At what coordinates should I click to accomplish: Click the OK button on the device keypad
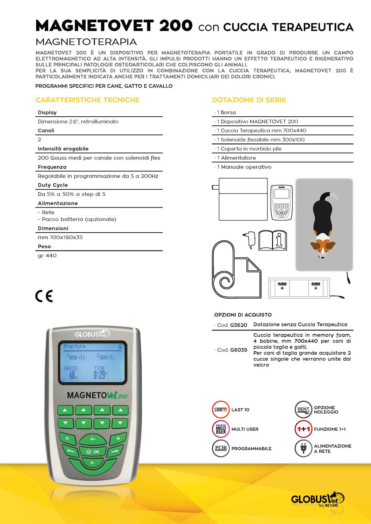pos(93,451)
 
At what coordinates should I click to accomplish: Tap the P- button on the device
pos(93,463)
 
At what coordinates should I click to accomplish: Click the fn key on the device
pos(68,438)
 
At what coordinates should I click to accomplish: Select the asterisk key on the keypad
pos(118,438)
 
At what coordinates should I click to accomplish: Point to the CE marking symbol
pos(44,296)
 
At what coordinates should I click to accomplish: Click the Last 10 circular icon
pos(221,410)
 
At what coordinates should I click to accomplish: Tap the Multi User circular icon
pos(221,429)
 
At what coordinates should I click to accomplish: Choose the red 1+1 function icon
pos(303,429)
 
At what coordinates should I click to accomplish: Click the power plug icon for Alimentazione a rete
pos(303,449)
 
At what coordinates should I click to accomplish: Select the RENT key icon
pos(303,410)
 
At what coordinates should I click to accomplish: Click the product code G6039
pos(238,350)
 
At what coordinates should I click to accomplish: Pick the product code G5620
pos(238,325)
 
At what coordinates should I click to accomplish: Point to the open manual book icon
pos(272,240)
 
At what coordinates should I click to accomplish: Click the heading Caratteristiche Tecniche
pos(87,100)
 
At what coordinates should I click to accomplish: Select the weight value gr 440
pos(47,256)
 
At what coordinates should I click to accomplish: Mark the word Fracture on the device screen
pos(74,346)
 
